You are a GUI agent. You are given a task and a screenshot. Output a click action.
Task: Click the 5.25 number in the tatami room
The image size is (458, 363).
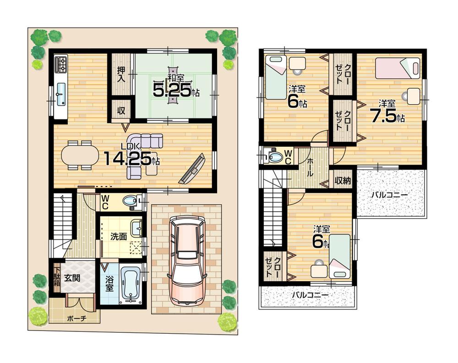pos(171,91)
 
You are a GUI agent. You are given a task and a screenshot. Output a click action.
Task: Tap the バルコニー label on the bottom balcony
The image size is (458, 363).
pos(310,295)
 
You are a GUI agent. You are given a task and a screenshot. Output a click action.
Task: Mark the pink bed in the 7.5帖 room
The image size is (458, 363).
pos(397,68)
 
